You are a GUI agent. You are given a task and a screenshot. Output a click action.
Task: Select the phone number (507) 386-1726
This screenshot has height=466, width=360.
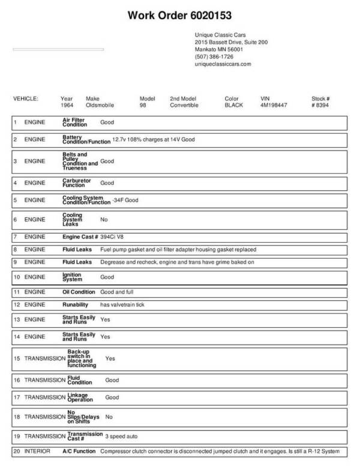point(214,56)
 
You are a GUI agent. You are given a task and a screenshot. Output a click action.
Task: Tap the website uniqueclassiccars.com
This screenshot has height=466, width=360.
point(223,64)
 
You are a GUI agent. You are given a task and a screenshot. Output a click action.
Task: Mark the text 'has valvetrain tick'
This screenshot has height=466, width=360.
point(122,304)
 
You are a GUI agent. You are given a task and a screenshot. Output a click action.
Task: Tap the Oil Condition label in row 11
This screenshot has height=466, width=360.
point(79,292)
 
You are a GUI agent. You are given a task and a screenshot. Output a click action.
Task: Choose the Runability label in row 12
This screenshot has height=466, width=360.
point(76,304)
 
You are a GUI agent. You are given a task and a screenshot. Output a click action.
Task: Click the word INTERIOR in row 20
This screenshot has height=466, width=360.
point(37,451)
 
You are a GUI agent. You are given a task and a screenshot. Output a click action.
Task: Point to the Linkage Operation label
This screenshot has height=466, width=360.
point(80,397)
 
